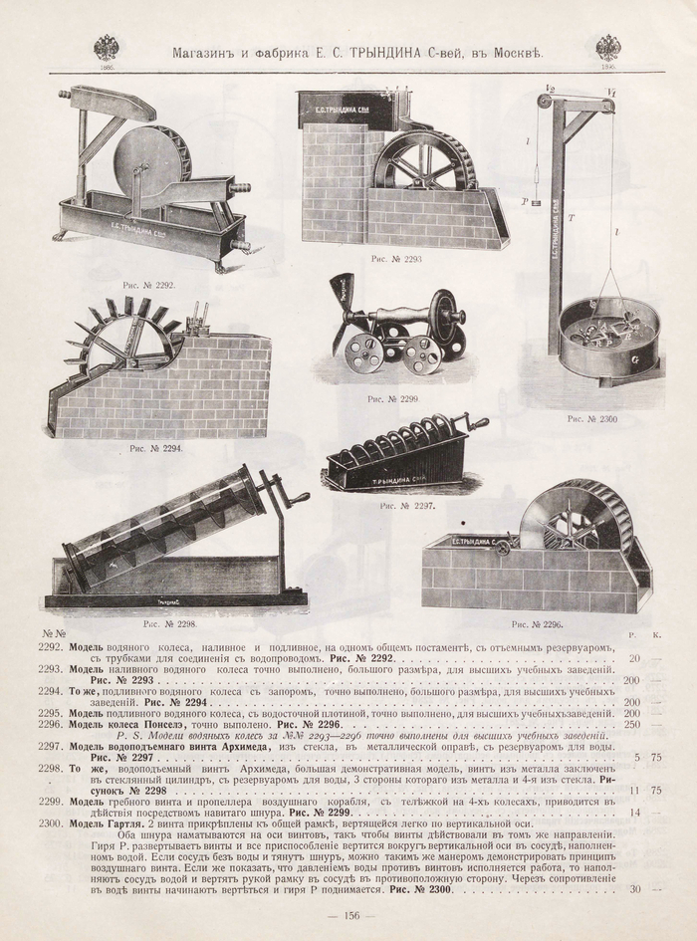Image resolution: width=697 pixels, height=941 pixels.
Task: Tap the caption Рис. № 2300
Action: pyautogui.click(x=592, y=419)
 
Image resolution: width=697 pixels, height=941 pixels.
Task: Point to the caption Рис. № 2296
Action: pyautogui.click(x=537, y=624)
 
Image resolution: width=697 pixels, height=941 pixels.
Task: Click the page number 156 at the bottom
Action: pyautogui.click(x=350, y=917)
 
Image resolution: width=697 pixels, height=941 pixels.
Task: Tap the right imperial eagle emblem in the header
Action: pyautogui.click(x=608, y=47)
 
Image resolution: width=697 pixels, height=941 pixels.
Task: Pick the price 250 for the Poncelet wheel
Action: pyautogui.click(x=631, y=724)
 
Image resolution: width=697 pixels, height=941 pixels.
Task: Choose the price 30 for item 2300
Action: pyautogui.click(x=635, y=889)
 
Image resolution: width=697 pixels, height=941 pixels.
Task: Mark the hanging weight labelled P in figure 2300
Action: pyautogui.click(x=535, y=201)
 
